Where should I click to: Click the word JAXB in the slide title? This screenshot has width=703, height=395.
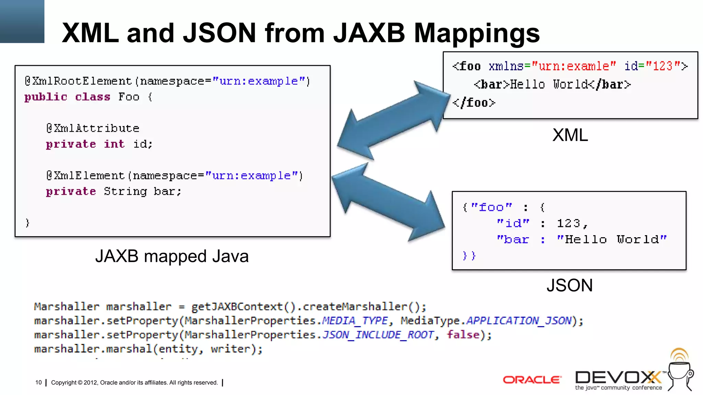369,33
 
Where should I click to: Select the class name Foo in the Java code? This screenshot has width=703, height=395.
129,97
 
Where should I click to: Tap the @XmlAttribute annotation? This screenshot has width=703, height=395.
93,129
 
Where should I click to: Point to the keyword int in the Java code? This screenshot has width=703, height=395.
114,144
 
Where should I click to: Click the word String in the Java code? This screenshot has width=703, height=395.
125,191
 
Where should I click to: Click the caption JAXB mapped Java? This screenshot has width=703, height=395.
172,256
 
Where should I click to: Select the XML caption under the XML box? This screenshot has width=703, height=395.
570,135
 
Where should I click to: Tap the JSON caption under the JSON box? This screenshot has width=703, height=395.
569,285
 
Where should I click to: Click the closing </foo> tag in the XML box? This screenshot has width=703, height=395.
474,103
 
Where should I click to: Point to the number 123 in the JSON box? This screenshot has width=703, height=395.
568,224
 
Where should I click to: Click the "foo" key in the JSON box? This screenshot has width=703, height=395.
492,207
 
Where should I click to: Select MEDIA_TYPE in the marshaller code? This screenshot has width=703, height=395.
355,321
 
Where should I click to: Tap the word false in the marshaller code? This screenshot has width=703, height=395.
463,335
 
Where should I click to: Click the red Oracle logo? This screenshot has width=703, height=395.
532,380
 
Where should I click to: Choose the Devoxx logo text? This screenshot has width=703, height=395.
618,378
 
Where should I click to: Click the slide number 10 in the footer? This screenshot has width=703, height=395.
38,383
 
